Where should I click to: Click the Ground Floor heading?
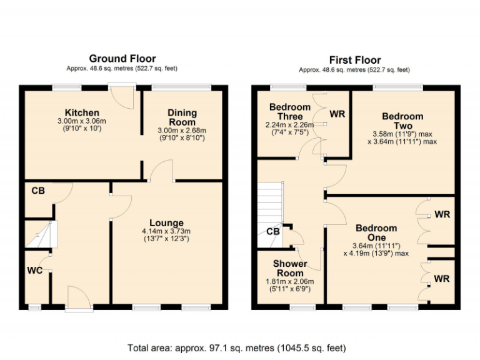point(122,59)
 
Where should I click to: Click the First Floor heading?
point(355,60)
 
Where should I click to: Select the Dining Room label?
point(182,117)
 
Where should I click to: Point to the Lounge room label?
point(166,222)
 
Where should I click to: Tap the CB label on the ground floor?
point(37,191)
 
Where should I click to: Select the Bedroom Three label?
point(290,112)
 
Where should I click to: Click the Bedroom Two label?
point(402,121)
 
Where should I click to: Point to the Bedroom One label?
point(376,232)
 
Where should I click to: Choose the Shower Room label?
point(290,268)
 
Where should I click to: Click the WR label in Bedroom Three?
point(337,114)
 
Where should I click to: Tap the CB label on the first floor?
point(272,232)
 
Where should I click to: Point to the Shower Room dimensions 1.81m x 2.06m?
point(290,281)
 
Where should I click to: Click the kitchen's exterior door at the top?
point(121,96)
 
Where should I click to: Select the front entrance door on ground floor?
point(79,299)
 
